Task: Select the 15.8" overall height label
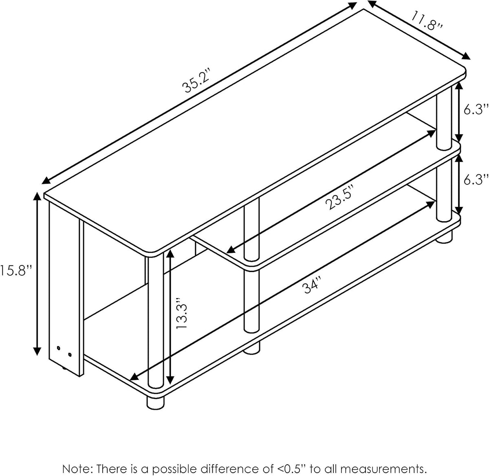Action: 15,271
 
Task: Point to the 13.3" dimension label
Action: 181,313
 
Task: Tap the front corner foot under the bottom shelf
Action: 156,401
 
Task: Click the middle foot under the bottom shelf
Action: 252,348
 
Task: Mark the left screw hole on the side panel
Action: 59,349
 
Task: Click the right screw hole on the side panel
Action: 70,355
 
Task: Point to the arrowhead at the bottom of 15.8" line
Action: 37,351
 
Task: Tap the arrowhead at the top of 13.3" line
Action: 170,254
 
